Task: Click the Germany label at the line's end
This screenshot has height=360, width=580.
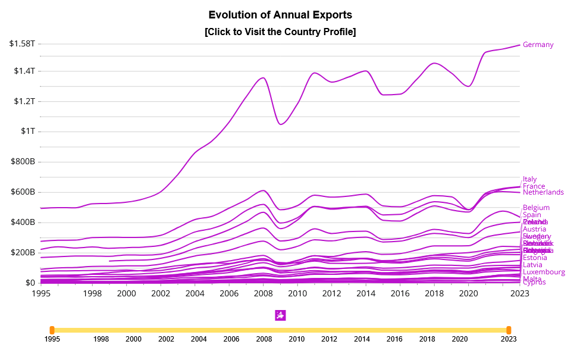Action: pyautogui.click(x=538, y=45)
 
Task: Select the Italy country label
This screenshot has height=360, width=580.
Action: pyautogui.click(x=529, y=179)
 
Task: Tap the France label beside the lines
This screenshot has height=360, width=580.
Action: pyautogui.click(x=534, y=186)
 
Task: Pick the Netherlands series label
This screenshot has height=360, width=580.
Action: pyautogui.click(x=543, y=192)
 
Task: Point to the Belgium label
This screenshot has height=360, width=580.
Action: pyautogui.click(x=535, y=208)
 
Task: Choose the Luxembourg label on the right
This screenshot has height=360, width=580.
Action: pyautogui.click(x=544, y=272)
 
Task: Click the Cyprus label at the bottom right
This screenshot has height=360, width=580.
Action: pyautogui.click(x=534, y=282)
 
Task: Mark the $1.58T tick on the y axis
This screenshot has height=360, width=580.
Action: pyautogui.click(x=22, y=43)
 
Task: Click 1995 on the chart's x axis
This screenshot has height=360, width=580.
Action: pyautogui.click(x=41, y=293)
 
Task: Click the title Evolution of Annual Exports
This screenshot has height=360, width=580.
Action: pyautogui.click(x=280, y=14)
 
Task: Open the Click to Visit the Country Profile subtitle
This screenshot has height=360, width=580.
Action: pyautogui.click(x=280, y=32)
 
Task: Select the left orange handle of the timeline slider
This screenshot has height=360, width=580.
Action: pyautogui.click(x=52, y=330)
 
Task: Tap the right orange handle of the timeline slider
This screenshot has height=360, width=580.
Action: pyautogui.click(x=509, y=330)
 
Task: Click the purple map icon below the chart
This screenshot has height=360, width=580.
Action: pyautogui.click(x=281, y=315)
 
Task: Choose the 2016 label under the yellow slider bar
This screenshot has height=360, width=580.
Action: pyautogui.click(x=394, y=339)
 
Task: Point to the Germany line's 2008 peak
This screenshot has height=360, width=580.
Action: pyautogui.click(x=263, y=77)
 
